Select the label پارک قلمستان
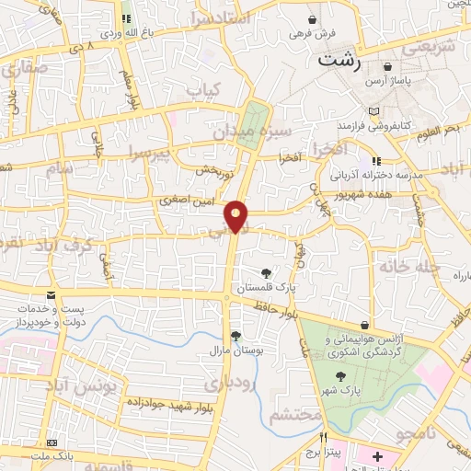tap(266, 288)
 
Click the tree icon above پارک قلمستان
tap(267, 272)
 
